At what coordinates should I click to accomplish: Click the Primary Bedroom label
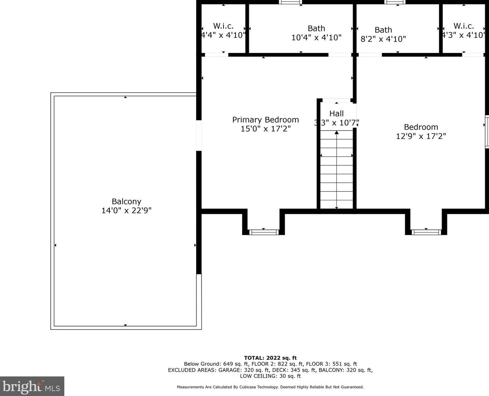pyautogui.click(x=266, y=120)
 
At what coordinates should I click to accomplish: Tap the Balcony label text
pyautogui.click(x=126, y=201)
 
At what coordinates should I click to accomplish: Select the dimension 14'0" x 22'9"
pyautogui.click(x=126, y=210)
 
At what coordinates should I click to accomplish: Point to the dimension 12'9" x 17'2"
pyautogui.click(x=421, y=136)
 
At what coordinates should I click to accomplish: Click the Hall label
pyautogui.click(x=336, y=114)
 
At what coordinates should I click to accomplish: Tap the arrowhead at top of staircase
pyautogui.click(x=337, y=133)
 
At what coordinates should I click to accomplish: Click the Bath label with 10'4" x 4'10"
pyautogui.click(x=316, y=28)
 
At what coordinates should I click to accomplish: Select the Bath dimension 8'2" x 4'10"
pyautogui.click(x=383, y=39)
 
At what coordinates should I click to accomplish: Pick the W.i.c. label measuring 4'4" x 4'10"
pyautogui.click(x=223, y=26)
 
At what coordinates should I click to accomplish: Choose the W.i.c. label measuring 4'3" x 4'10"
pyautogui.click(x=464, y=26)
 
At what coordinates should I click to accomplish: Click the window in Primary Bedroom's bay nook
pyautogui.click(x=264, y=232)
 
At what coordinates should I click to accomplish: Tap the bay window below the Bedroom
pyautogui.click(x=426, y=232)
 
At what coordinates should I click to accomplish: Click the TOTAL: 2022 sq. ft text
pyautogui.click(x=270, y=358)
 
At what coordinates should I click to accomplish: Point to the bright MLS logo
pyautogui.click(x=32, y=386)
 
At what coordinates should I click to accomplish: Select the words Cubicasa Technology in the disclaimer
pyautogui.click(x=258, y=387)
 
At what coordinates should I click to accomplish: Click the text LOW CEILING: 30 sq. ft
pyautogui.click(x=270, y=376)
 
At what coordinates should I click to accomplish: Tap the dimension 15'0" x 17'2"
pyautogui.click(x=266, y=129)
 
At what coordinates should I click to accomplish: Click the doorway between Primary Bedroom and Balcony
pyautogui.click(x=199, y=136)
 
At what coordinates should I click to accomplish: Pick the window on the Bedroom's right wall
pyautogui.click(x=487, y=132)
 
